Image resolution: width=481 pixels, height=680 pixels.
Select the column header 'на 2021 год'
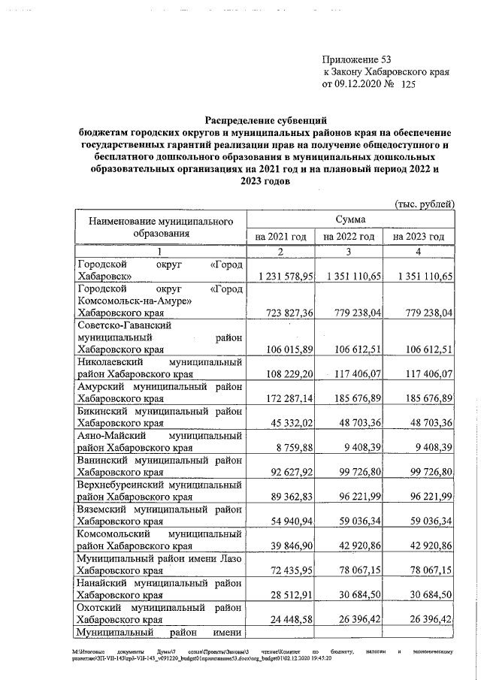pyautogui.click(x=281, y=237)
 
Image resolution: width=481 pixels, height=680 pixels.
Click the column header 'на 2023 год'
pyautogui.click(x=419, y=237)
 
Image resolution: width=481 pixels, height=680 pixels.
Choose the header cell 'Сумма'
pyautogui.click(x=349, y=219)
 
